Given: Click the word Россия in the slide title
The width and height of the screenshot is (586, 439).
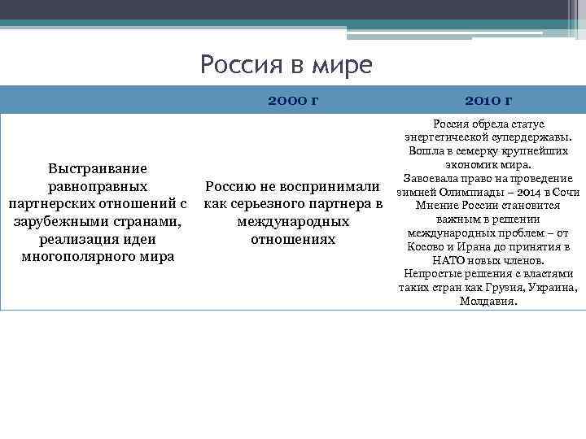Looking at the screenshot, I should (238, 64).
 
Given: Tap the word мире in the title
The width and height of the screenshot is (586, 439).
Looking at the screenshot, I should (340, 64).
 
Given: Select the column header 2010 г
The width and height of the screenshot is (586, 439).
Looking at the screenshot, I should (488, 100).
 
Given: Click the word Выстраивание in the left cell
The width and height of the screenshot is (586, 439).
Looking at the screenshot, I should (98, 168).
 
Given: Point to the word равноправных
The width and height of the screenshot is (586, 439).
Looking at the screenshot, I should (98, 186).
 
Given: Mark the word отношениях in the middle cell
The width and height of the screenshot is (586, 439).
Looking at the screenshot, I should (293, 239).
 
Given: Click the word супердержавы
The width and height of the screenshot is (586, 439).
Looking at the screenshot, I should (533, 137).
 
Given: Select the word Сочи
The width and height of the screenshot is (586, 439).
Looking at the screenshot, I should (566, 192).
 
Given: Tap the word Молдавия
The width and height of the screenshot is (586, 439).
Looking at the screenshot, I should (488, 301).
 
